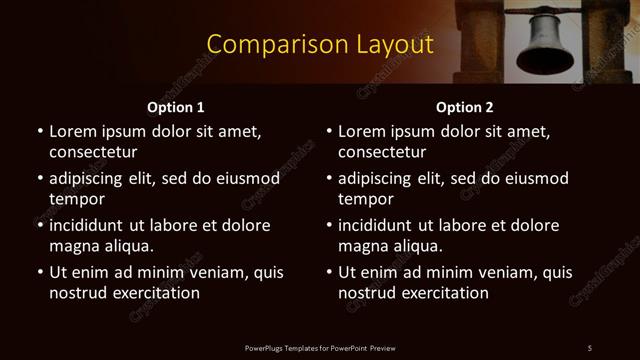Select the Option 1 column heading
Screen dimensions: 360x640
(x=176, y=106)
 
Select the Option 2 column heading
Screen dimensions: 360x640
(x=465, y=106)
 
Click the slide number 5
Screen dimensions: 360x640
(x=589, y=347)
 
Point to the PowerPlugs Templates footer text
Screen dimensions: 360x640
(x=320, y=347)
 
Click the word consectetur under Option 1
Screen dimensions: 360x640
(x=93, y=152)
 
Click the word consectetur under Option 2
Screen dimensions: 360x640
(x=382, y=152)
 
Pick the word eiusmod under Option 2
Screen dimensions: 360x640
(x=534, y=179)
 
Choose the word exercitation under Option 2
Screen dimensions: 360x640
(x=443, y=293)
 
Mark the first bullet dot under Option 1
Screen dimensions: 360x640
(x=39, y=131)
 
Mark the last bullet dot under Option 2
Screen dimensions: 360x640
(x=328, y=273)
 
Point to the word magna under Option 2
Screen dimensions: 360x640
(x=361, y=246)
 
